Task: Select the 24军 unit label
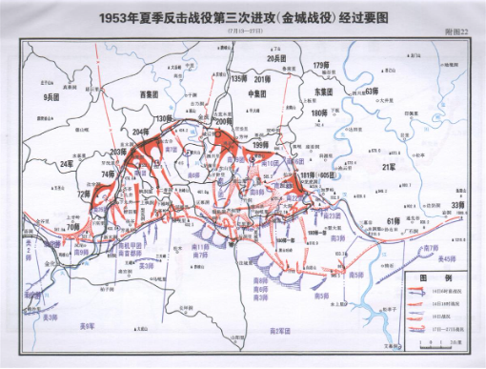(x=66, y=164)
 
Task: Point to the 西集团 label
(x=147, y=94)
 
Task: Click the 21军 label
(x=388, y=167)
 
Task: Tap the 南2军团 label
(x=277, y=330)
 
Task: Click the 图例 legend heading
(x=428, y=277)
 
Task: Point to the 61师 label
(x=392, y=220)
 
